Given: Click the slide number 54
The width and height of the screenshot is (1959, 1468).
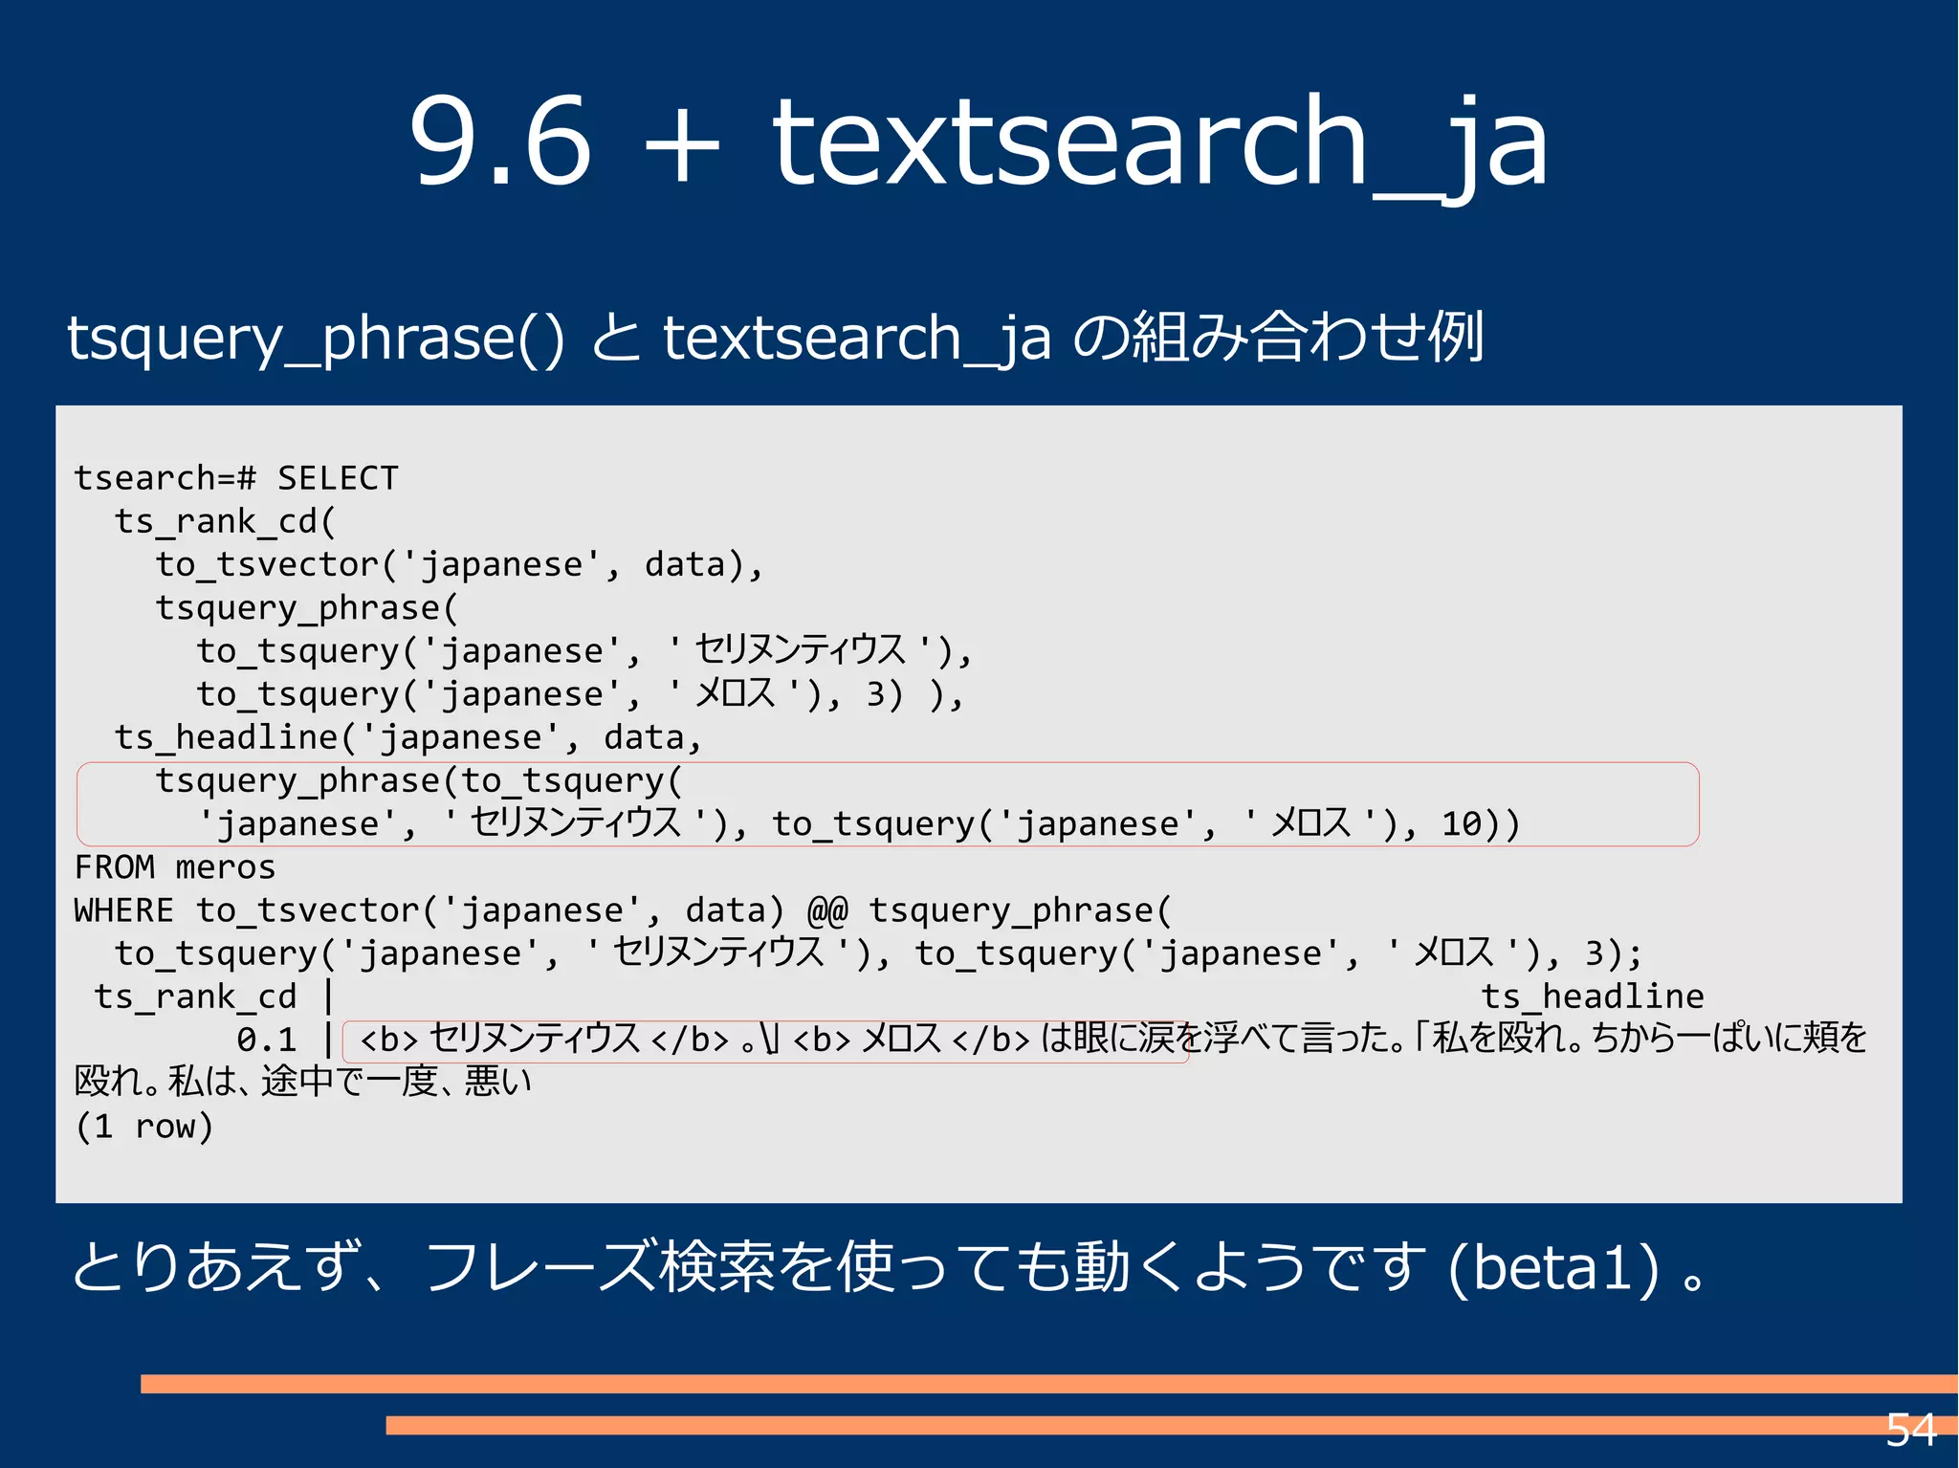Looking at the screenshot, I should (x=1910, y=1431).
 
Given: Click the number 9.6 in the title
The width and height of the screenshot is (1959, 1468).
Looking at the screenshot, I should (x=500, y=142).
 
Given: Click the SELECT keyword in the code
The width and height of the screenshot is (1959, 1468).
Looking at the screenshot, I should (x=338, y=478).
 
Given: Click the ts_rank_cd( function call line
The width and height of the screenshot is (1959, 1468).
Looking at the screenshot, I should (x=225, y=521).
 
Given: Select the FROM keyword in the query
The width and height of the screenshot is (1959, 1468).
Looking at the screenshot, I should (x=114, y=867).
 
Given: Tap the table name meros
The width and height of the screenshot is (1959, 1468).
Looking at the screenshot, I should (x=226, y=867).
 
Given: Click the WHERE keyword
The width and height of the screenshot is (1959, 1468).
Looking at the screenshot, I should (x=123, y=910).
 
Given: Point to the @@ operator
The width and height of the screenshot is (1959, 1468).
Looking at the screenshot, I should (x=827, y=910).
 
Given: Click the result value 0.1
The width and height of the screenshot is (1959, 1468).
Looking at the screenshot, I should (x=267, y=1040).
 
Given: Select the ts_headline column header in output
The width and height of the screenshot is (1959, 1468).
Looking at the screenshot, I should (x=1593, y=997).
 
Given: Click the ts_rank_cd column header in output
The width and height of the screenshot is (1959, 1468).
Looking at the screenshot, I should (x=195, y=997).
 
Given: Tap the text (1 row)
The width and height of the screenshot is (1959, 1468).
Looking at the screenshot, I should (x=143, y=1127).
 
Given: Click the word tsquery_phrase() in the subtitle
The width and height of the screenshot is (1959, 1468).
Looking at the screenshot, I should (x=316, y=339).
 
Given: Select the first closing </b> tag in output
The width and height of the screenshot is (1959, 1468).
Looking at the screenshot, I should (x=690, y=1040).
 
